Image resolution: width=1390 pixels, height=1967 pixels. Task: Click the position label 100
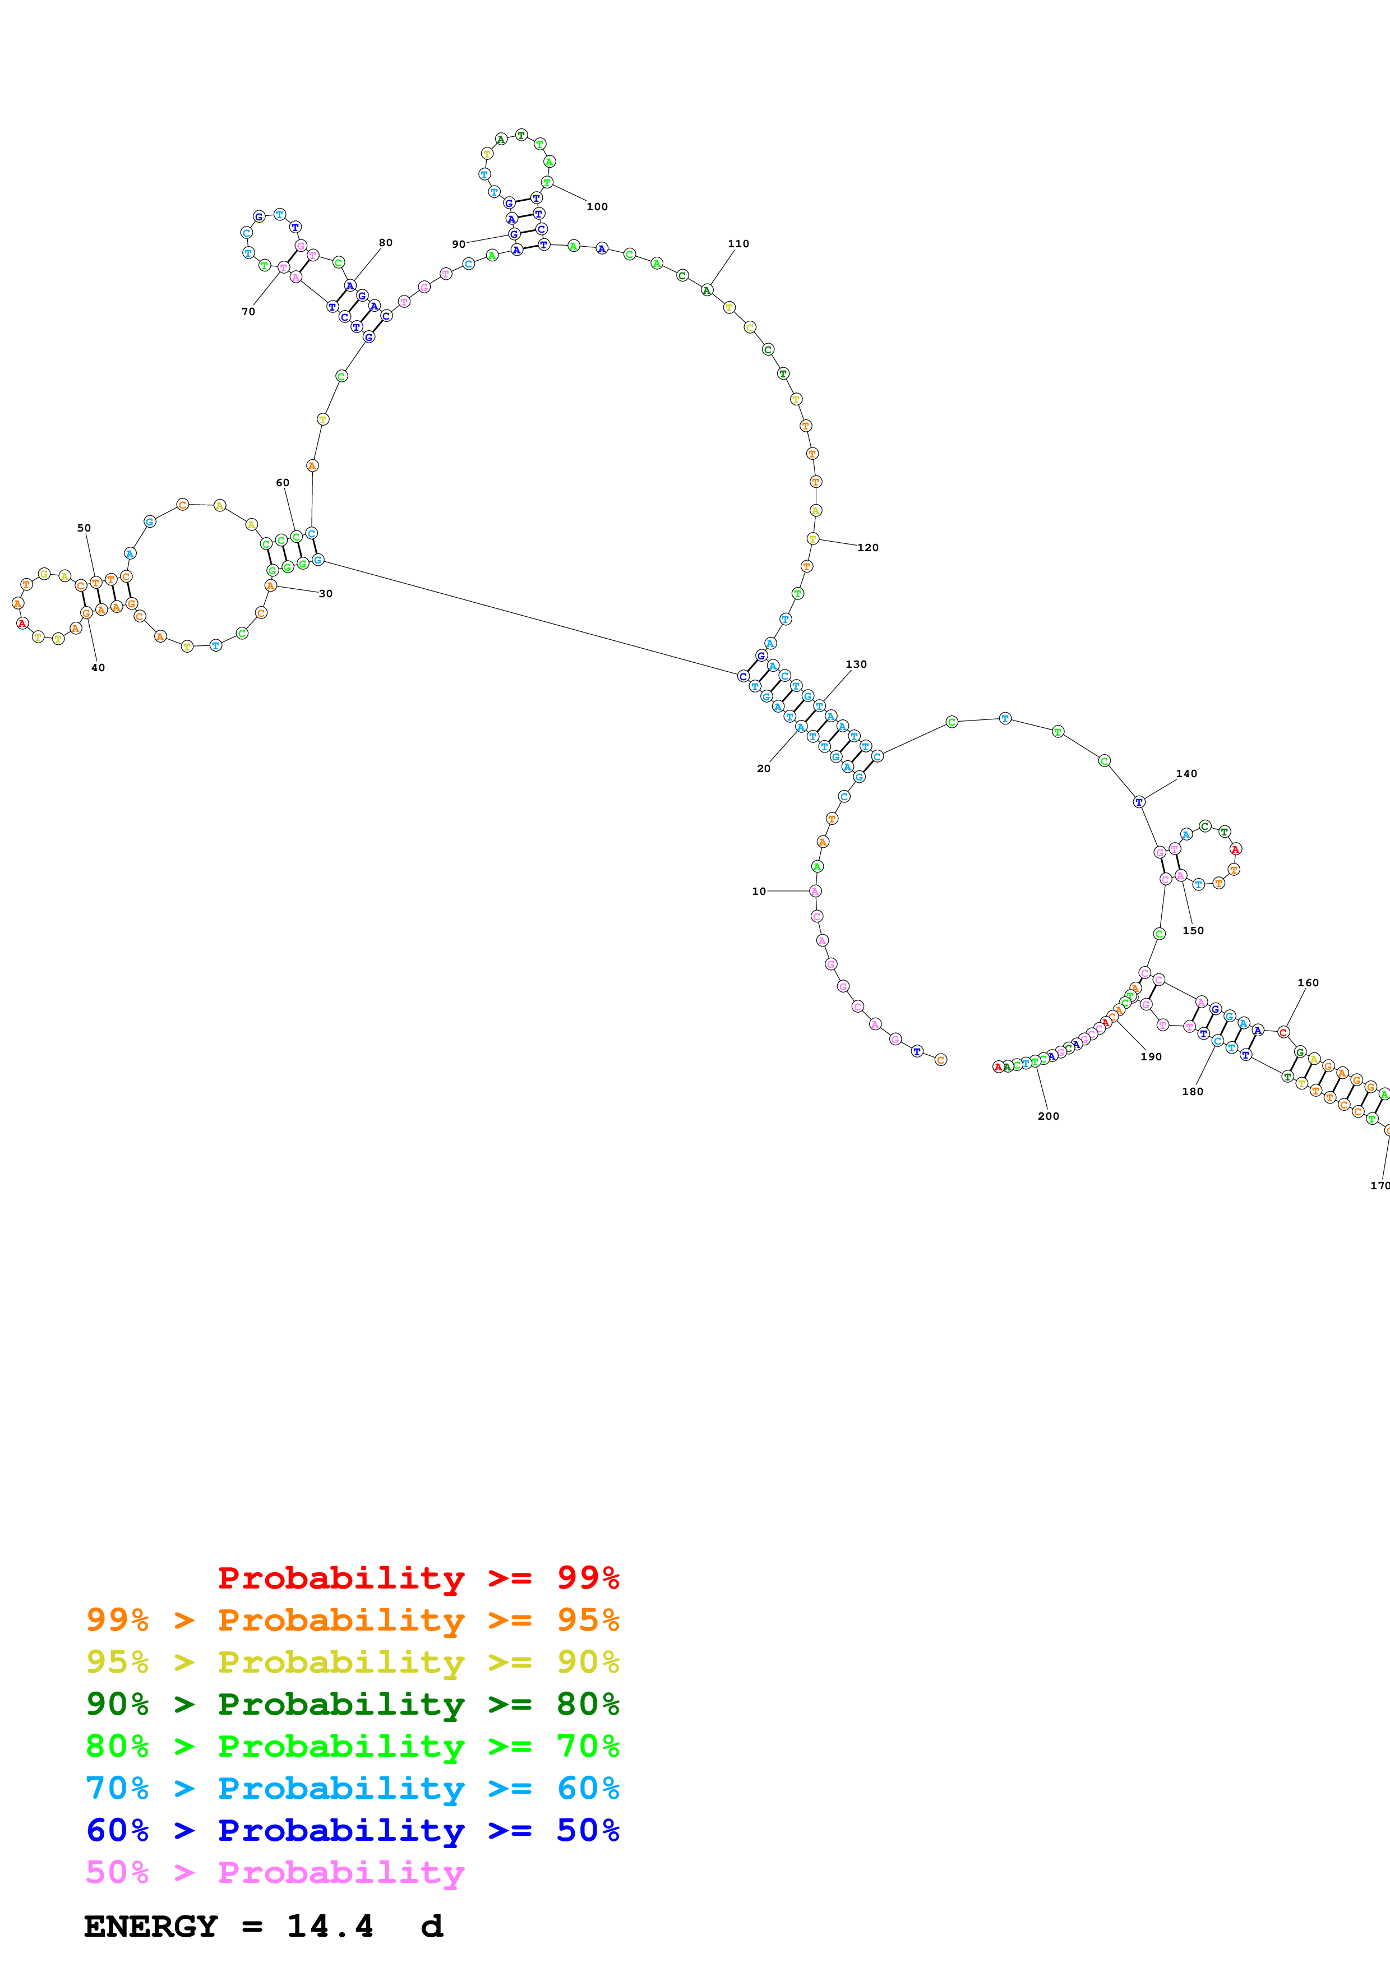(597, 206)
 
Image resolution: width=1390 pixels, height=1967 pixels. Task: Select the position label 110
(738, 244)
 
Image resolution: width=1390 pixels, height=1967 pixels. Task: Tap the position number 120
(867, 547)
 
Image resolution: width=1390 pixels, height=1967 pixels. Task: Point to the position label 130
(856, 664)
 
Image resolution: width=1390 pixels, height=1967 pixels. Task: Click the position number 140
(1186, 774)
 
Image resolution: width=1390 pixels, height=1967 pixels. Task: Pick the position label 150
(1193, 930)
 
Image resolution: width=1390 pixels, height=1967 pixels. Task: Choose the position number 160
(1308, 982)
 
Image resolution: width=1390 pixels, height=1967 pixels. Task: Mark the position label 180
(1192, 1092)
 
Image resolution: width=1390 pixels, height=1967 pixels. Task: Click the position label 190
(1151, 1056)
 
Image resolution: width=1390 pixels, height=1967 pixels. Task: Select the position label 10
(759, 891)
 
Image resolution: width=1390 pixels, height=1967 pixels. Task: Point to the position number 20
(763, 769)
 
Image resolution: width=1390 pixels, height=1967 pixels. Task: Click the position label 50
(84, 528)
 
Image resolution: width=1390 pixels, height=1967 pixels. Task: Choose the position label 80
(385, 242)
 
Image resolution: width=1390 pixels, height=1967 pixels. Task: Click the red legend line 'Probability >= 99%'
(418, 1577)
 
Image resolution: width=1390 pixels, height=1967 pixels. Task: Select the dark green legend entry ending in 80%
(353, 1704)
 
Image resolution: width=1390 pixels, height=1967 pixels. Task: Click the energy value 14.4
(330, 1927)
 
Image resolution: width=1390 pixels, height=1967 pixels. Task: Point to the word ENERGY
(151, 1927)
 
